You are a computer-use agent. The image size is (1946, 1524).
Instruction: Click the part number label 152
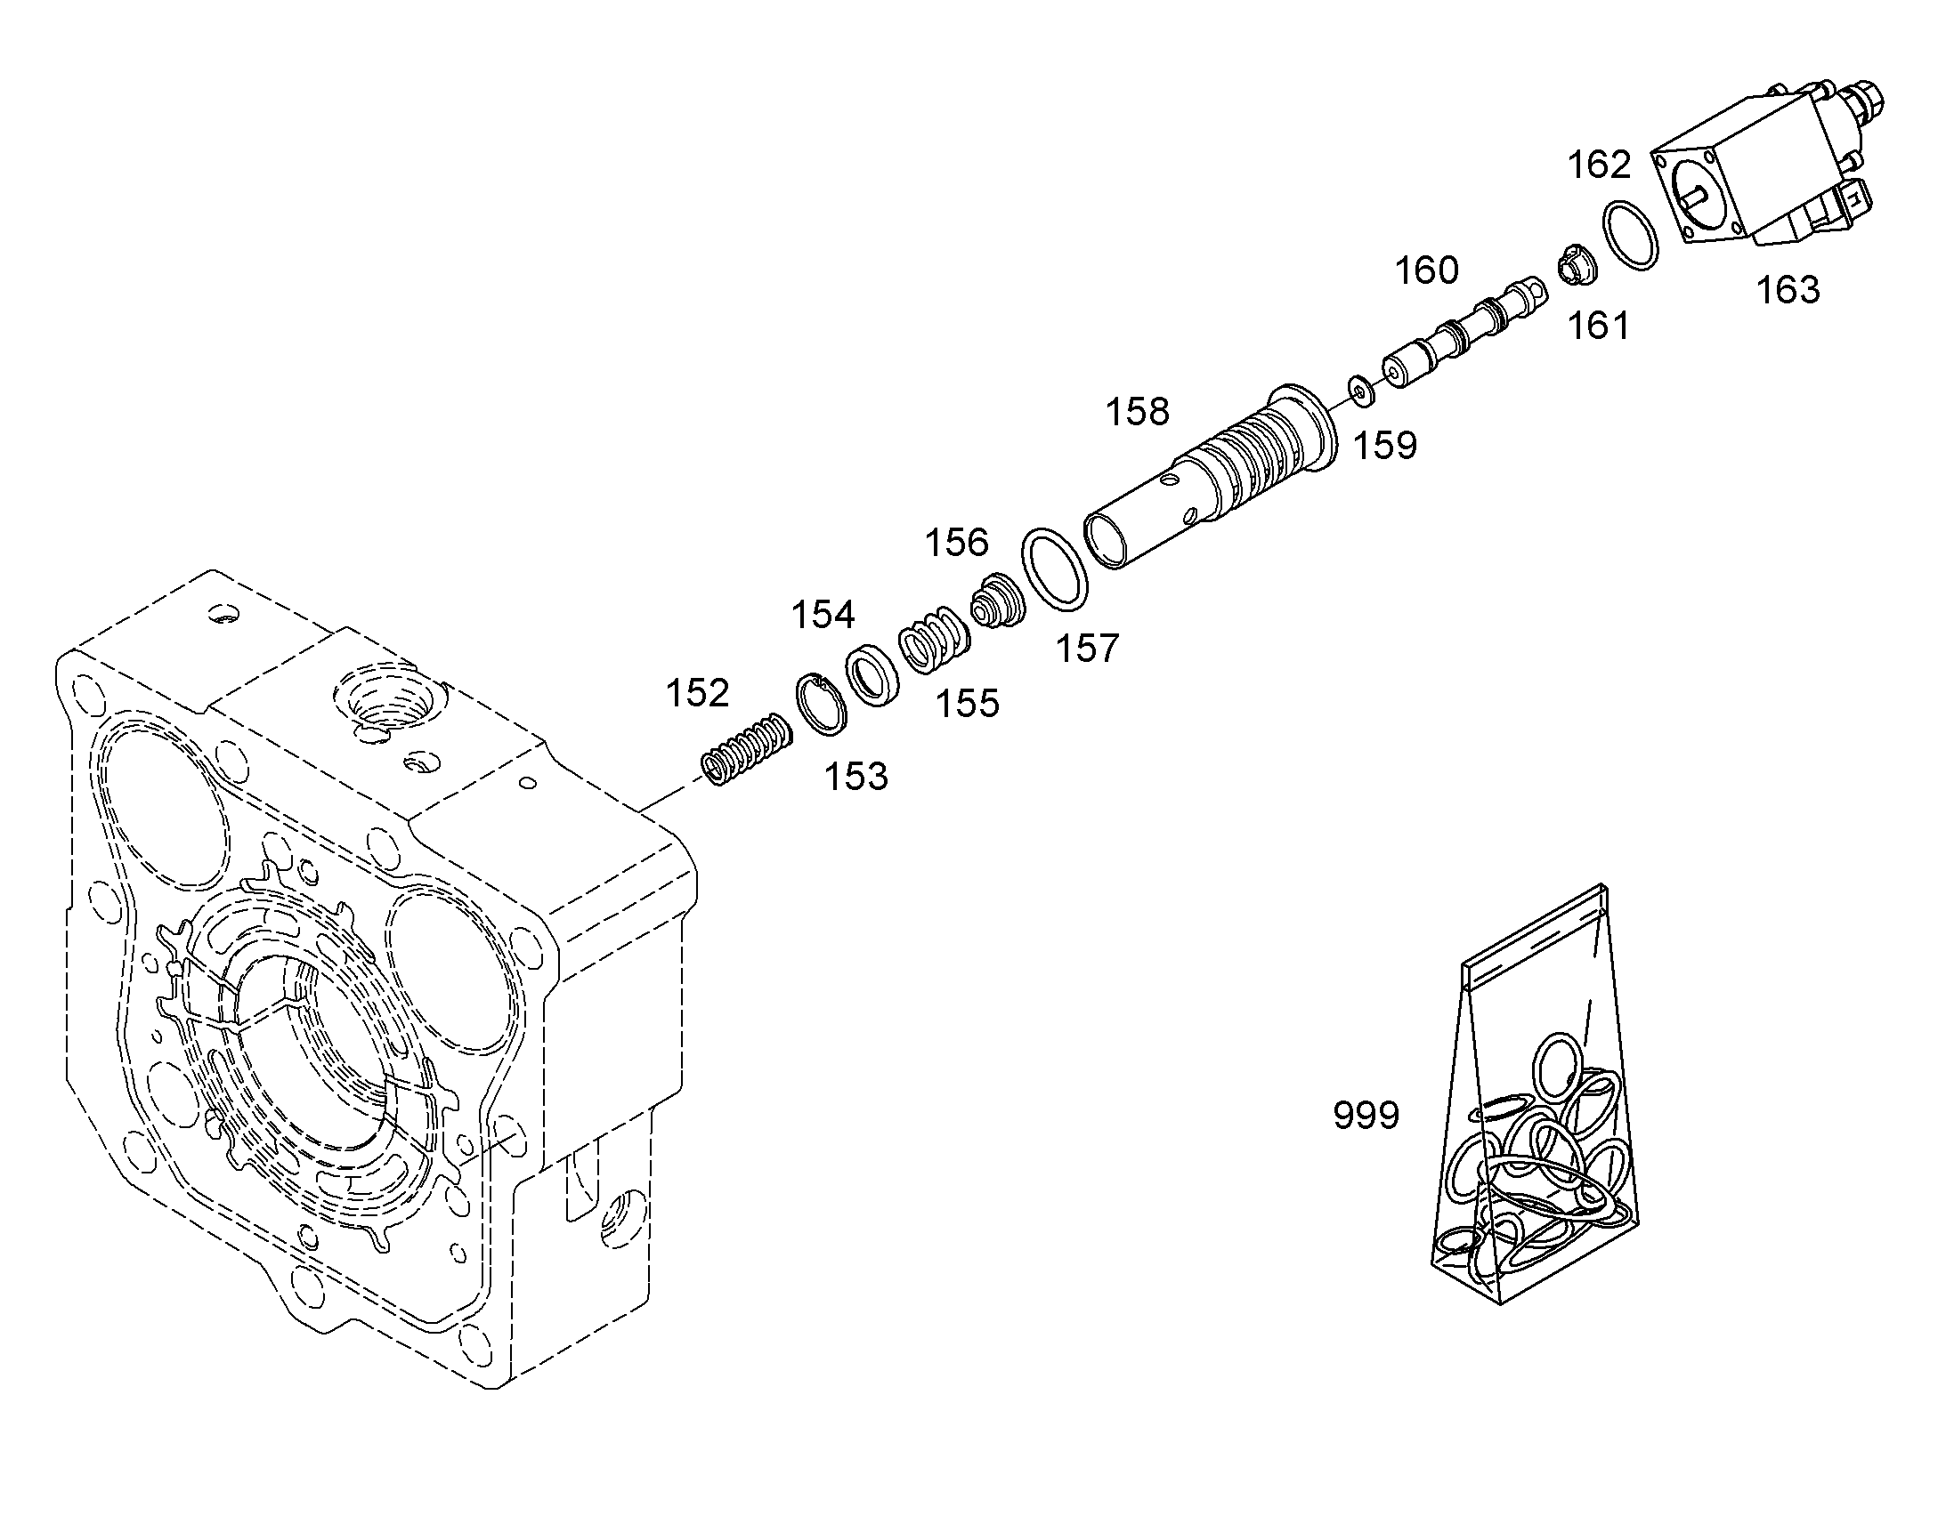tap(697, 693)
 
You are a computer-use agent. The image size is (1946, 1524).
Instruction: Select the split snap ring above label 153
tap(820, 705)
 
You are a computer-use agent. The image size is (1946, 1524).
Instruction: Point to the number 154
tap(823, 615)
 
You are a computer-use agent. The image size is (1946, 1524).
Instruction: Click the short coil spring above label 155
tap(935, 641)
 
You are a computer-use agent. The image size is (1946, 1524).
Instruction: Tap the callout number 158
tap(1138, 412)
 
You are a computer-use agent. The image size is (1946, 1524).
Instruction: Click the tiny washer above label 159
tap(1360, 389)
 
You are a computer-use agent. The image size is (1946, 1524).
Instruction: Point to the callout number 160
tap(1426, 270)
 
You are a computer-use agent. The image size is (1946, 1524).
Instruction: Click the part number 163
tap(1788, 290)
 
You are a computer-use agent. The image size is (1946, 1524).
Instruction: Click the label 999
tap(1366, 1116)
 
